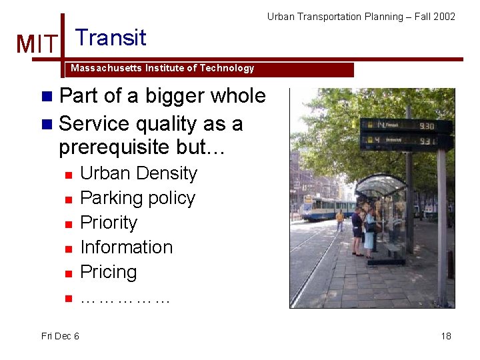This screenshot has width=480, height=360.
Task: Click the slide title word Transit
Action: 111,37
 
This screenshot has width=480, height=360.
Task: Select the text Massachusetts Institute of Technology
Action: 162,68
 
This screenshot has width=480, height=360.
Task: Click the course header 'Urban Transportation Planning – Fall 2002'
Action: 361,16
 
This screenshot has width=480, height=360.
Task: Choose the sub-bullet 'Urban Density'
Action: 138,173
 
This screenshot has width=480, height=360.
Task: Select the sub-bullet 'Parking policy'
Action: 137,198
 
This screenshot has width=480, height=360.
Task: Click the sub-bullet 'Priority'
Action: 108,223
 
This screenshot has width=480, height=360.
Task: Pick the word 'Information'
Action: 126,247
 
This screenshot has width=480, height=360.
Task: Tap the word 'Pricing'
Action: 108,272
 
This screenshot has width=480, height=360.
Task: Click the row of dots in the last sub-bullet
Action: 125,299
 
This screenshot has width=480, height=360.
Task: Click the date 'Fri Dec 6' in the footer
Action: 60,336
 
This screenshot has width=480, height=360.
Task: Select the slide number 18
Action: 445,336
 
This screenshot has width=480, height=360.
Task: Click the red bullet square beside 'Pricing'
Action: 67,273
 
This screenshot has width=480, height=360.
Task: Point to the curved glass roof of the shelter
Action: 381,183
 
